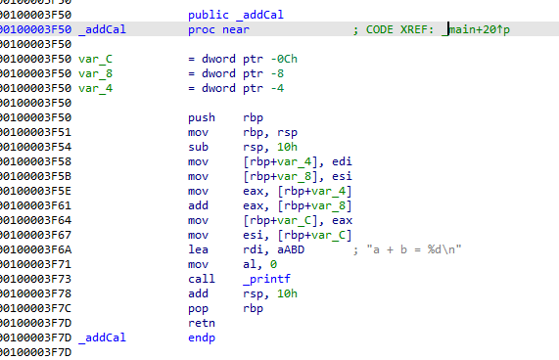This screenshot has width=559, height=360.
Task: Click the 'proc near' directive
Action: (x=218, y=30)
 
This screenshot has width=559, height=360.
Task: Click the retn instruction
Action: (x=200, y=322)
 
